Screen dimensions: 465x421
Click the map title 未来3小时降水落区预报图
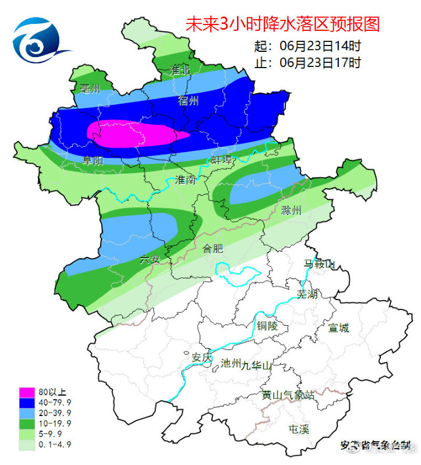[282, 24]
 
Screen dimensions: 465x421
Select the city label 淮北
[179, 70]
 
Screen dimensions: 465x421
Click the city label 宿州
[188, 101]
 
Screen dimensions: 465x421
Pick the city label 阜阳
[93, 160]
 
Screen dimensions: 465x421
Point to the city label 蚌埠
[222, 160]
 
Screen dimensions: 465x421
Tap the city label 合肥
[213, 249]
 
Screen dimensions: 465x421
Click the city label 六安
[150, 259]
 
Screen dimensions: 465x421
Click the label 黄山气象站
[288, 395]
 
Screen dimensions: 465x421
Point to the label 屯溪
[299, 429]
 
